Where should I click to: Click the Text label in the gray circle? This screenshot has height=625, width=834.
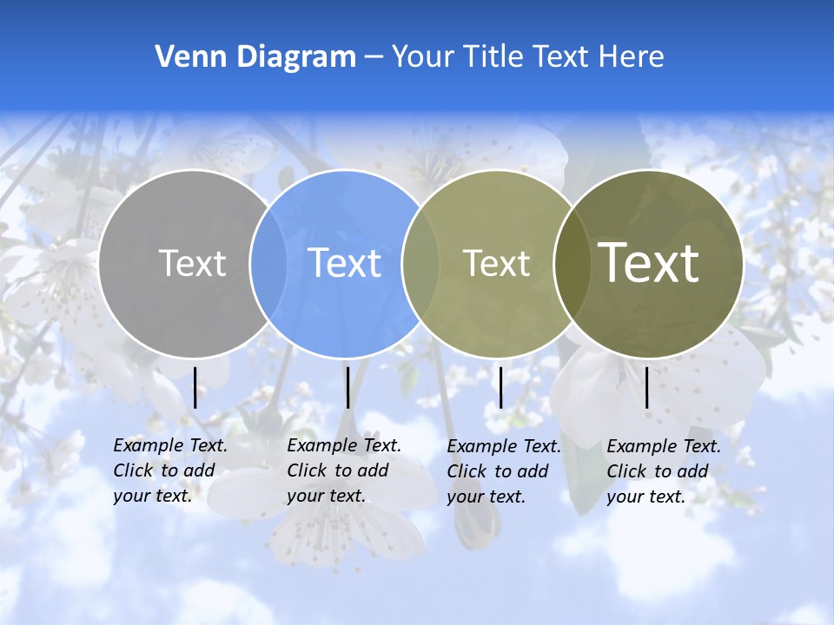tap(192, 262)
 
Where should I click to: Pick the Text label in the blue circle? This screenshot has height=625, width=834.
tap(344, 262)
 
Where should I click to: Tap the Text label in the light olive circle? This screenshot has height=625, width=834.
tap(496, 262)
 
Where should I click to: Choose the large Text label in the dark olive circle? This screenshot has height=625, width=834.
tap(649, 262)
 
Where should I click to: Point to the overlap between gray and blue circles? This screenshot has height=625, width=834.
tap(268, 263)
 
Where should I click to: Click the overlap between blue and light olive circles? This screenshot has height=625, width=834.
tap(420, 263)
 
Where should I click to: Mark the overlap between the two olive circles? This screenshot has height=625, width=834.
tap(571, 263)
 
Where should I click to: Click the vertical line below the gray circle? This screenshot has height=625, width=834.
tap(195, 387)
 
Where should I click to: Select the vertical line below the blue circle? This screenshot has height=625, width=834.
tap(347, 387)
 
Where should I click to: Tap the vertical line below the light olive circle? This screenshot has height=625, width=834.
tap(500, 387)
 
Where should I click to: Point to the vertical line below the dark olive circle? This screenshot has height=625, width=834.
tap(646, 387)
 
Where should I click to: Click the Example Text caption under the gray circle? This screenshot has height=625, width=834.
tap(170, 470)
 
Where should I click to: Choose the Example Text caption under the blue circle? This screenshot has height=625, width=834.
tap(344, 470)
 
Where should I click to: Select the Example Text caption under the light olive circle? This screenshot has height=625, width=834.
tap(504, 471)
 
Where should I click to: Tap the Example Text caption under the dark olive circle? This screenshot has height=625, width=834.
tap(664, 471)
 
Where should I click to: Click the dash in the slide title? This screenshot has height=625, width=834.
tap(374, 57)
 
